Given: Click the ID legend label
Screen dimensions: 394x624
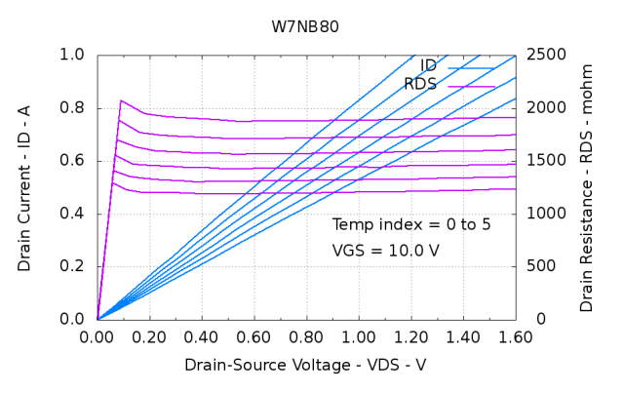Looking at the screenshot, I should [x=428, y=65].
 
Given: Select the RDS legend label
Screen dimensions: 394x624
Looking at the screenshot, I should [x=420, y=85].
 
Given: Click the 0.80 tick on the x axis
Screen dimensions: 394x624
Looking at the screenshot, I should [x=306, y=337].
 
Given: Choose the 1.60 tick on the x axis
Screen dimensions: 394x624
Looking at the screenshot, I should [x=515, y=337].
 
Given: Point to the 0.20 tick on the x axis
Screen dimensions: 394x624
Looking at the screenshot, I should [x=149, y=337].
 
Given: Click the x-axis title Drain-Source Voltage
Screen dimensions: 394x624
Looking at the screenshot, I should [x=305, y=365].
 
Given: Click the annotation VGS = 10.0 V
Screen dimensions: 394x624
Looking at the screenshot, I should [x=385, y=251].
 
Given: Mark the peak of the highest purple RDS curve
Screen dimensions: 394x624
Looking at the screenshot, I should [x=121, y=100].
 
